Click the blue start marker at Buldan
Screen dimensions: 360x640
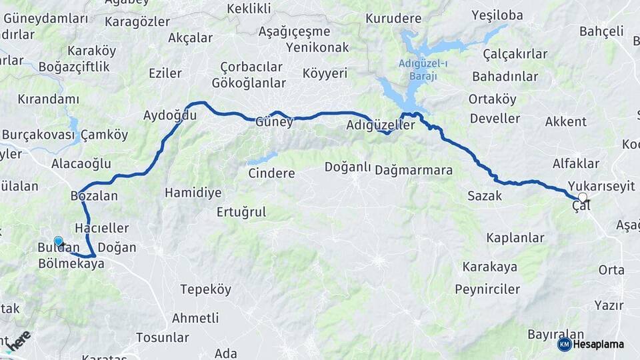(59, 242)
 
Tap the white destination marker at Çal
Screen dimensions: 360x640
(583, 198)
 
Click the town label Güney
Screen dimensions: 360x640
(274, 122)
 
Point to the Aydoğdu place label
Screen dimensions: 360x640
(170, 115)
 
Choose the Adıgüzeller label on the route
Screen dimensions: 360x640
(381, 125)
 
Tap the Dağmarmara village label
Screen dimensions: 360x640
(413, 170)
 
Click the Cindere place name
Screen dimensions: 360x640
(271, 173)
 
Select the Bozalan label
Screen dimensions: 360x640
(94, 196)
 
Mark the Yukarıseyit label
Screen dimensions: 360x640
(602, 186)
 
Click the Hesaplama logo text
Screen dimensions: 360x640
(599, 344)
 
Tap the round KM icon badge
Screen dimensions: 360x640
(564, 344)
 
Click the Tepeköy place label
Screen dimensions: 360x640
(206, 289)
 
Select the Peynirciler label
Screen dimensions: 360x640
(487, 289)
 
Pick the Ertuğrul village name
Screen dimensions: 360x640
(241, 212)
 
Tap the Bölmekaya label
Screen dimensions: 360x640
(71, 264)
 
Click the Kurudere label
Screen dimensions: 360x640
(394, 18)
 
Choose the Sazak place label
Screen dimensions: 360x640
(484, 196)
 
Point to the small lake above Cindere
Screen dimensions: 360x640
(262, 159)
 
